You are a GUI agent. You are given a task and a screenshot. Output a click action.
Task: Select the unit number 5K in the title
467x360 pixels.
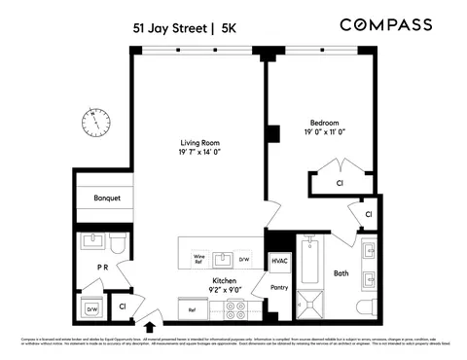pyautogui.click(x=230, y=29)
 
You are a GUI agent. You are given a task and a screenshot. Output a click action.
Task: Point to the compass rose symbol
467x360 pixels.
pyautogui.click(x=95, y=122)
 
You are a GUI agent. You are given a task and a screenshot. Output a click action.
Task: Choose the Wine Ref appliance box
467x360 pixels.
pyautogui.click(x=198, y=258)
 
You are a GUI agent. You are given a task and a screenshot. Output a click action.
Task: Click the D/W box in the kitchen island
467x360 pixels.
pyautogui.click(x=245, y=259)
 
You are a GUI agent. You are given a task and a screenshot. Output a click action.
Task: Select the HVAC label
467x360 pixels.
pyautogui.click(x=280, y=261)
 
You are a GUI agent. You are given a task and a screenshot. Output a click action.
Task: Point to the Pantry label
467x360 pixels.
pyautogui.click(x=280, y=288)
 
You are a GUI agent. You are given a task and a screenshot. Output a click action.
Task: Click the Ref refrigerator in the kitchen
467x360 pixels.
pyautogui.click(x=192, y=310)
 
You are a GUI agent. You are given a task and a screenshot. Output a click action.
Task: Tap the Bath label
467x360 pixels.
pyautogui.click(x=341, y=273)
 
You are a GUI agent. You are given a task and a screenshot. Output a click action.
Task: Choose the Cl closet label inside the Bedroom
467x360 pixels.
pyautogui.click(x=340, y=182)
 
